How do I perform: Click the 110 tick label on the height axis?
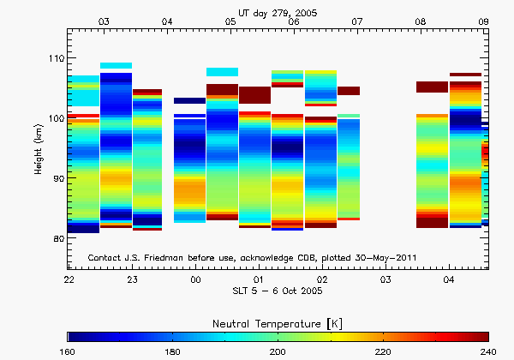(56, 58)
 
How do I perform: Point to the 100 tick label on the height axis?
(56, 118)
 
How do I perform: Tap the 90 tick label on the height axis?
(58, 178)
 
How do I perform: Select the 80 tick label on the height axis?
(58, 238)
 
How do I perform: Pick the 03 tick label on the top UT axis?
(104, 20)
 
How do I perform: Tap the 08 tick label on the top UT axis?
(421, 20)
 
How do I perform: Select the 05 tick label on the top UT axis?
(230, 20)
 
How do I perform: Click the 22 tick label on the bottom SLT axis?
(69, 280)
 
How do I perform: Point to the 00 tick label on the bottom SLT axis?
(195, 280)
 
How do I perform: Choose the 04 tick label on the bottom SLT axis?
(449, 280)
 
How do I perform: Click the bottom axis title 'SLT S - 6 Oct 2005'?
(278, 292)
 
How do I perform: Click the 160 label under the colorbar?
(69, 352)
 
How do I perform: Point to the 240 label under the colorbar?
(487, 352)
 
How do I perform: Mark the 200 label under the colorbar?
(278, 352)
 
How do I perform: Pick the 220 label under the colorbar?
(382, 352)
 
